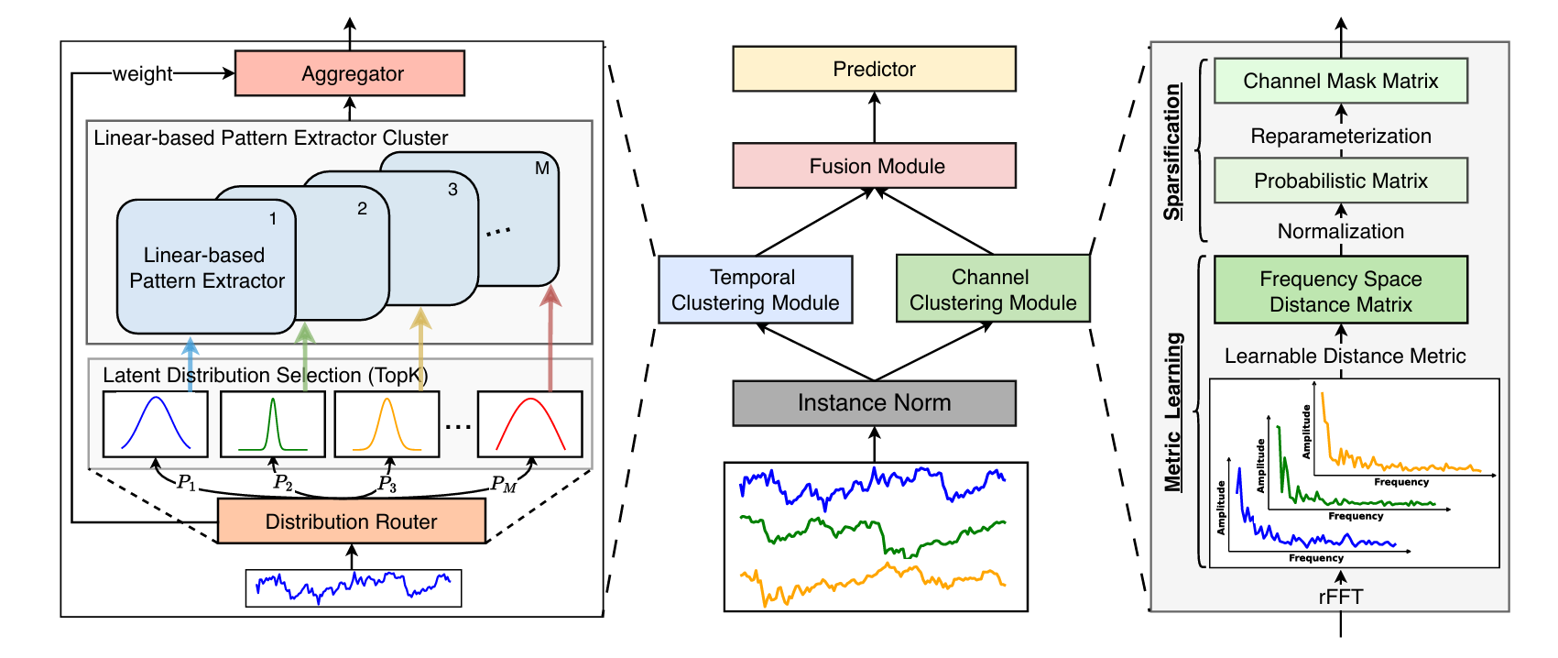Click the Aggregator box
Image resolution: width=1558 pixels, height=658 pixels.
[350, 73]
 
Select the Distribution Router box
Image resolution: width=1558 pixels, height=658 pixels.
[351, 521]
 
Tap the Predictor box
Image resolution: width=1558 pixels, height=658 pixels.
[874, 69]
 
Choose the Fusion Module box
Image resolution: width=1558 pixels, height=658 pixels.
[874, 166]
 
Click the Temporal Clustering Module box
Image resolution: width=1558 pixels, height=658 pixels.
[755, 290]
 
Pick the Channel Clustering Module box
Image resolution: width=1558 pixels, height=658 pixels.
[993, 290]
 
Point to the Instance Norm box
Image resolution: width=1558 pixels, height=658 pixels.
[874, 403]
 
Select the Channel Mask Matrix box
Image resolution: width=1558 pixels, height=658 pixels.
[1340, 81]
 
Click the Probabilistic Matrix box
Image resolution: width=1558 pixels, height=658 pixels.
[1340, 181]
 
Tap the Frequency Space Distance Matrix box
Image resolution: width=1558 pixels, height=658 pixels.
[1340, 291]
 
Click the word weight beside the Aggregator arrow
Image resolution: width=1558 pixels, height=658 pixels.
[142, 74]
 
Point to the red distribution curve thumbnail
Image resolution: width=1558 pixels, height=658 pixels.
[529, 423]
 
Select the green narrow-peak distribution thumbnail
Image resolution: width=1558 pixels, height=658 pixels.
[272, 423]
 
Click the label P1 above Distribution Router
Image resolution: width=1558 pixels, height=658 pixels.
[187, 482]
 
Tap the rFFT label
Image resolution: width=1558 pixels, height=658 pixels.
[1340, 598]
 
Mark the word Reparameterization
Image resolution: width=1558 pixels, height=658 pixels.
[1340, 137]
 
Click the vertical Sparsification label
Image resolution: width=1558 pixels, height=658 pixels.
[1172, 151]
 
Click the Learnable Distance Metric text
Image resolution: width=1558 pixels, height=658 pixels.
[1345, 356]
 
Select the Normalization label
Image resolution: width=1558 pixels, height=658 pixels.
[1340, 232]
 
